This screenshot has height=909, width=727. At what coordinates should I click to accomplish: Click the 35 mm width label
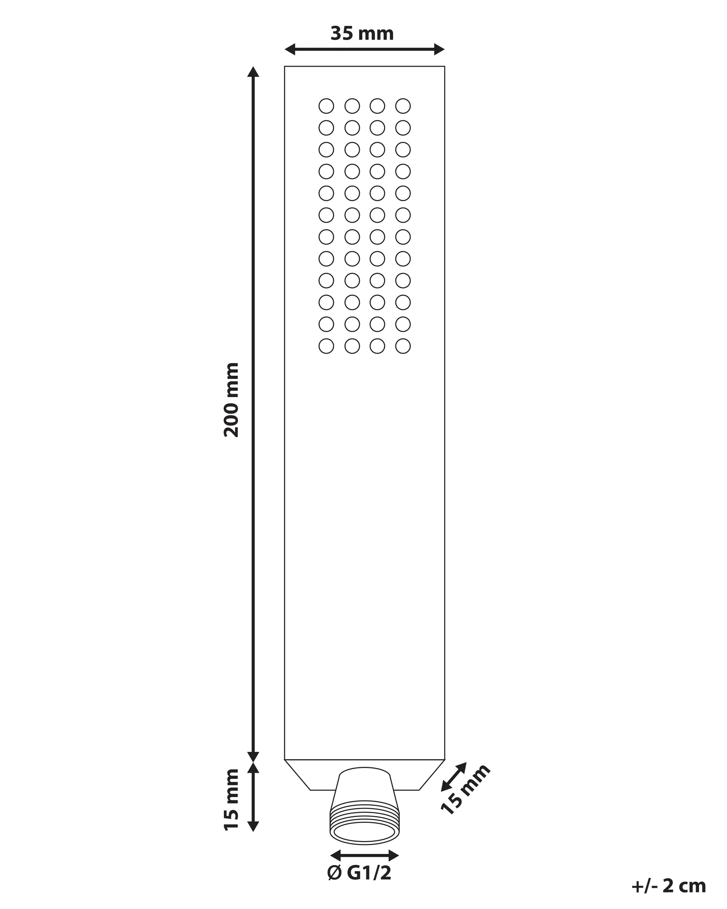[362, 34]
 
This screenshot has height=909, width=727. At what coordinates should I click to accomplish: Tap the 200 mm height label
[231, 399]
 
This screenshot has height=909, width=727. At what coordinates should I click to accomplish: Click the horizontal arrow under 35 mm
[365, 49]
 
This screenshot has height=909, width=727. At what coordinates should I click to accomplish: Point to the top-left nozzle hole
[326, 106]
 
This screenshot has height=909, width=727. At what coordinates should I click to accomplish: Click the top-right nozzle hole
[403, 106]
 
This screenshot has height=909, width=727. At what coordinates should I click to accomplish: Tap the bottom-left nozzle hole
[326, 346]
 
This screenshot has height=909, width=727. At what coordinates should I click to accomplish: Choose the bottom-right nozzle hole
[403, 346]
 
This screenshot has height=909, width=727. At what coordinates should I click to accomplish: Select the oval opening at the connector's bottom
[365, 833]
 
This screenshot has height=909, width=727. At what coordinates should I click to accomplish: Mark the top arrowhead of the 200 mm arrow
[253, 72]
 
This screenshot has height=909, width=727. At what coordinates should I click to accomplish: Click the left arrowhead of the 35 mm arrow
[290, 49]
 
